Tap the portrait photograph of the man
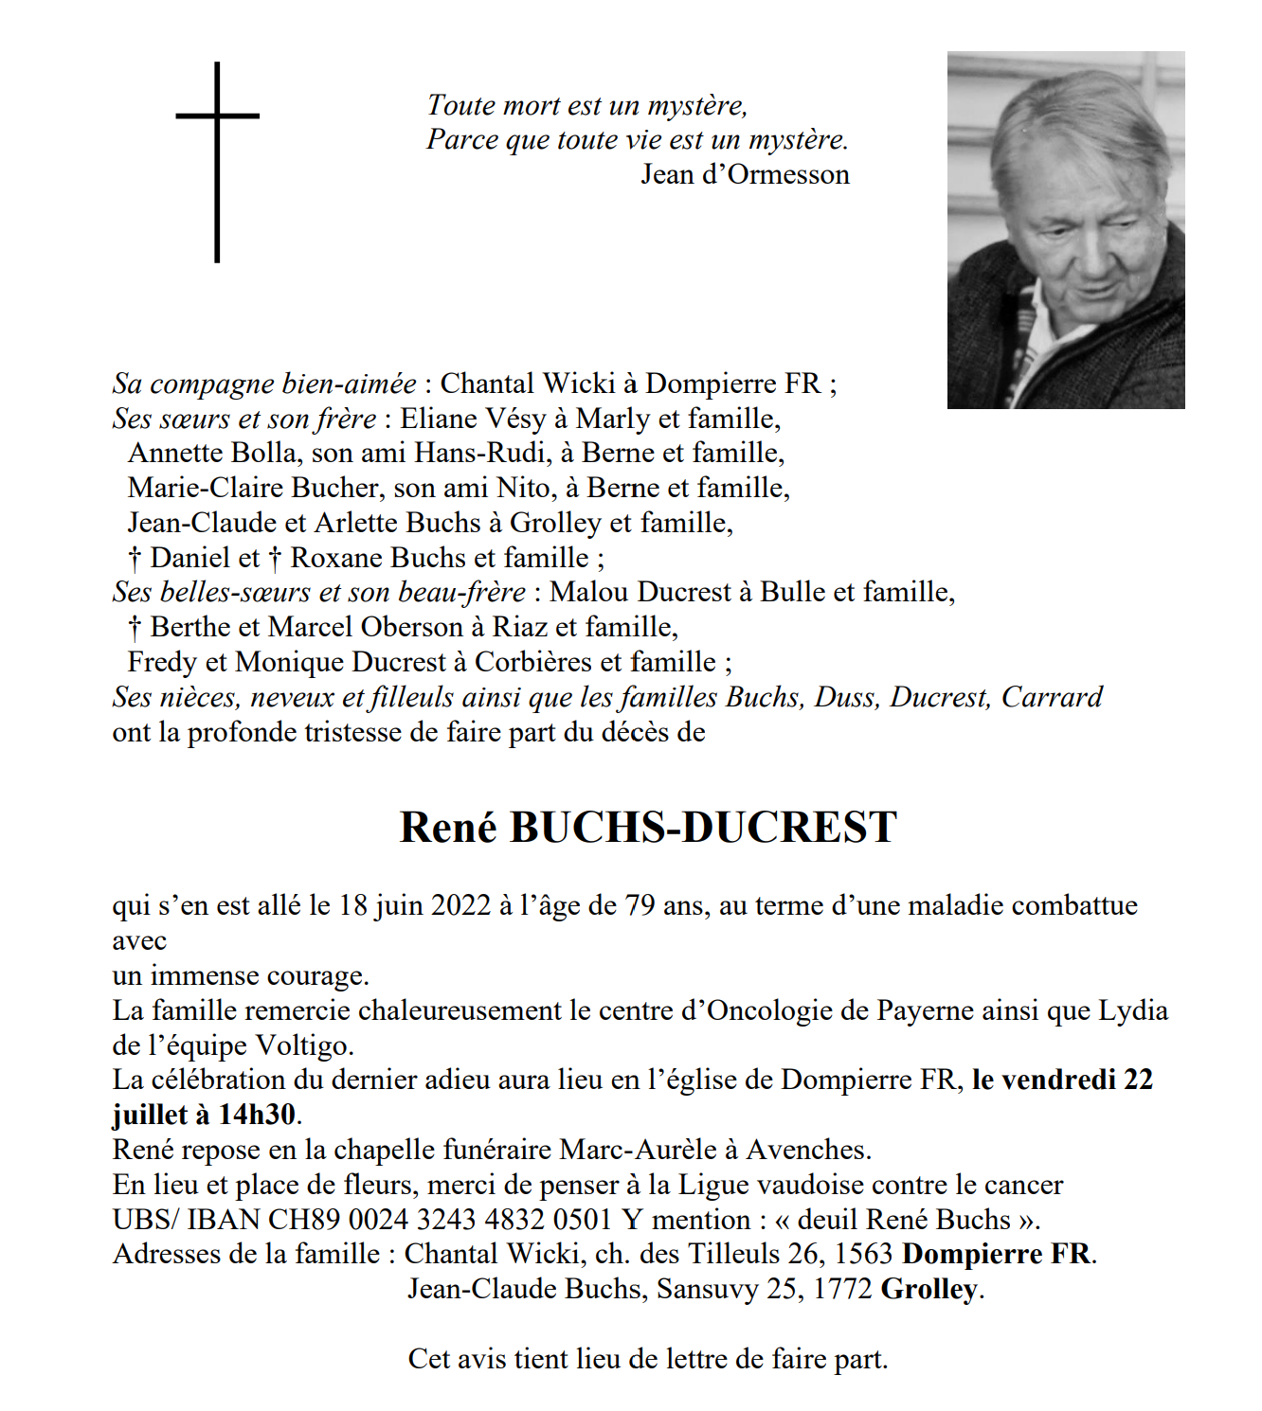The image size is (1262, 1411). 1065,230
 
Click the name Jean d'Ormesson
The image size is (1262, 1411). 745,174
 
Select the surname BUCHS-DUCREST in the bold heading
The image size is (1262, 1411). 703,827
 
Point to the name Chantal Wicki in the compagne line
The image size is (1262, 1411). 528,384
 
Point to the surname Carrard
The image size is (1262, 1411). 1052,697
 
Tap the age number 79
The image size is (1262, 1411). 640,905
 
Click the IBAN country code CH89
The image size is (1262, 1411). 304,1220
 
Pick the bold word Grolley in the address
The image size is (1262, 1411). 928,1289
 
